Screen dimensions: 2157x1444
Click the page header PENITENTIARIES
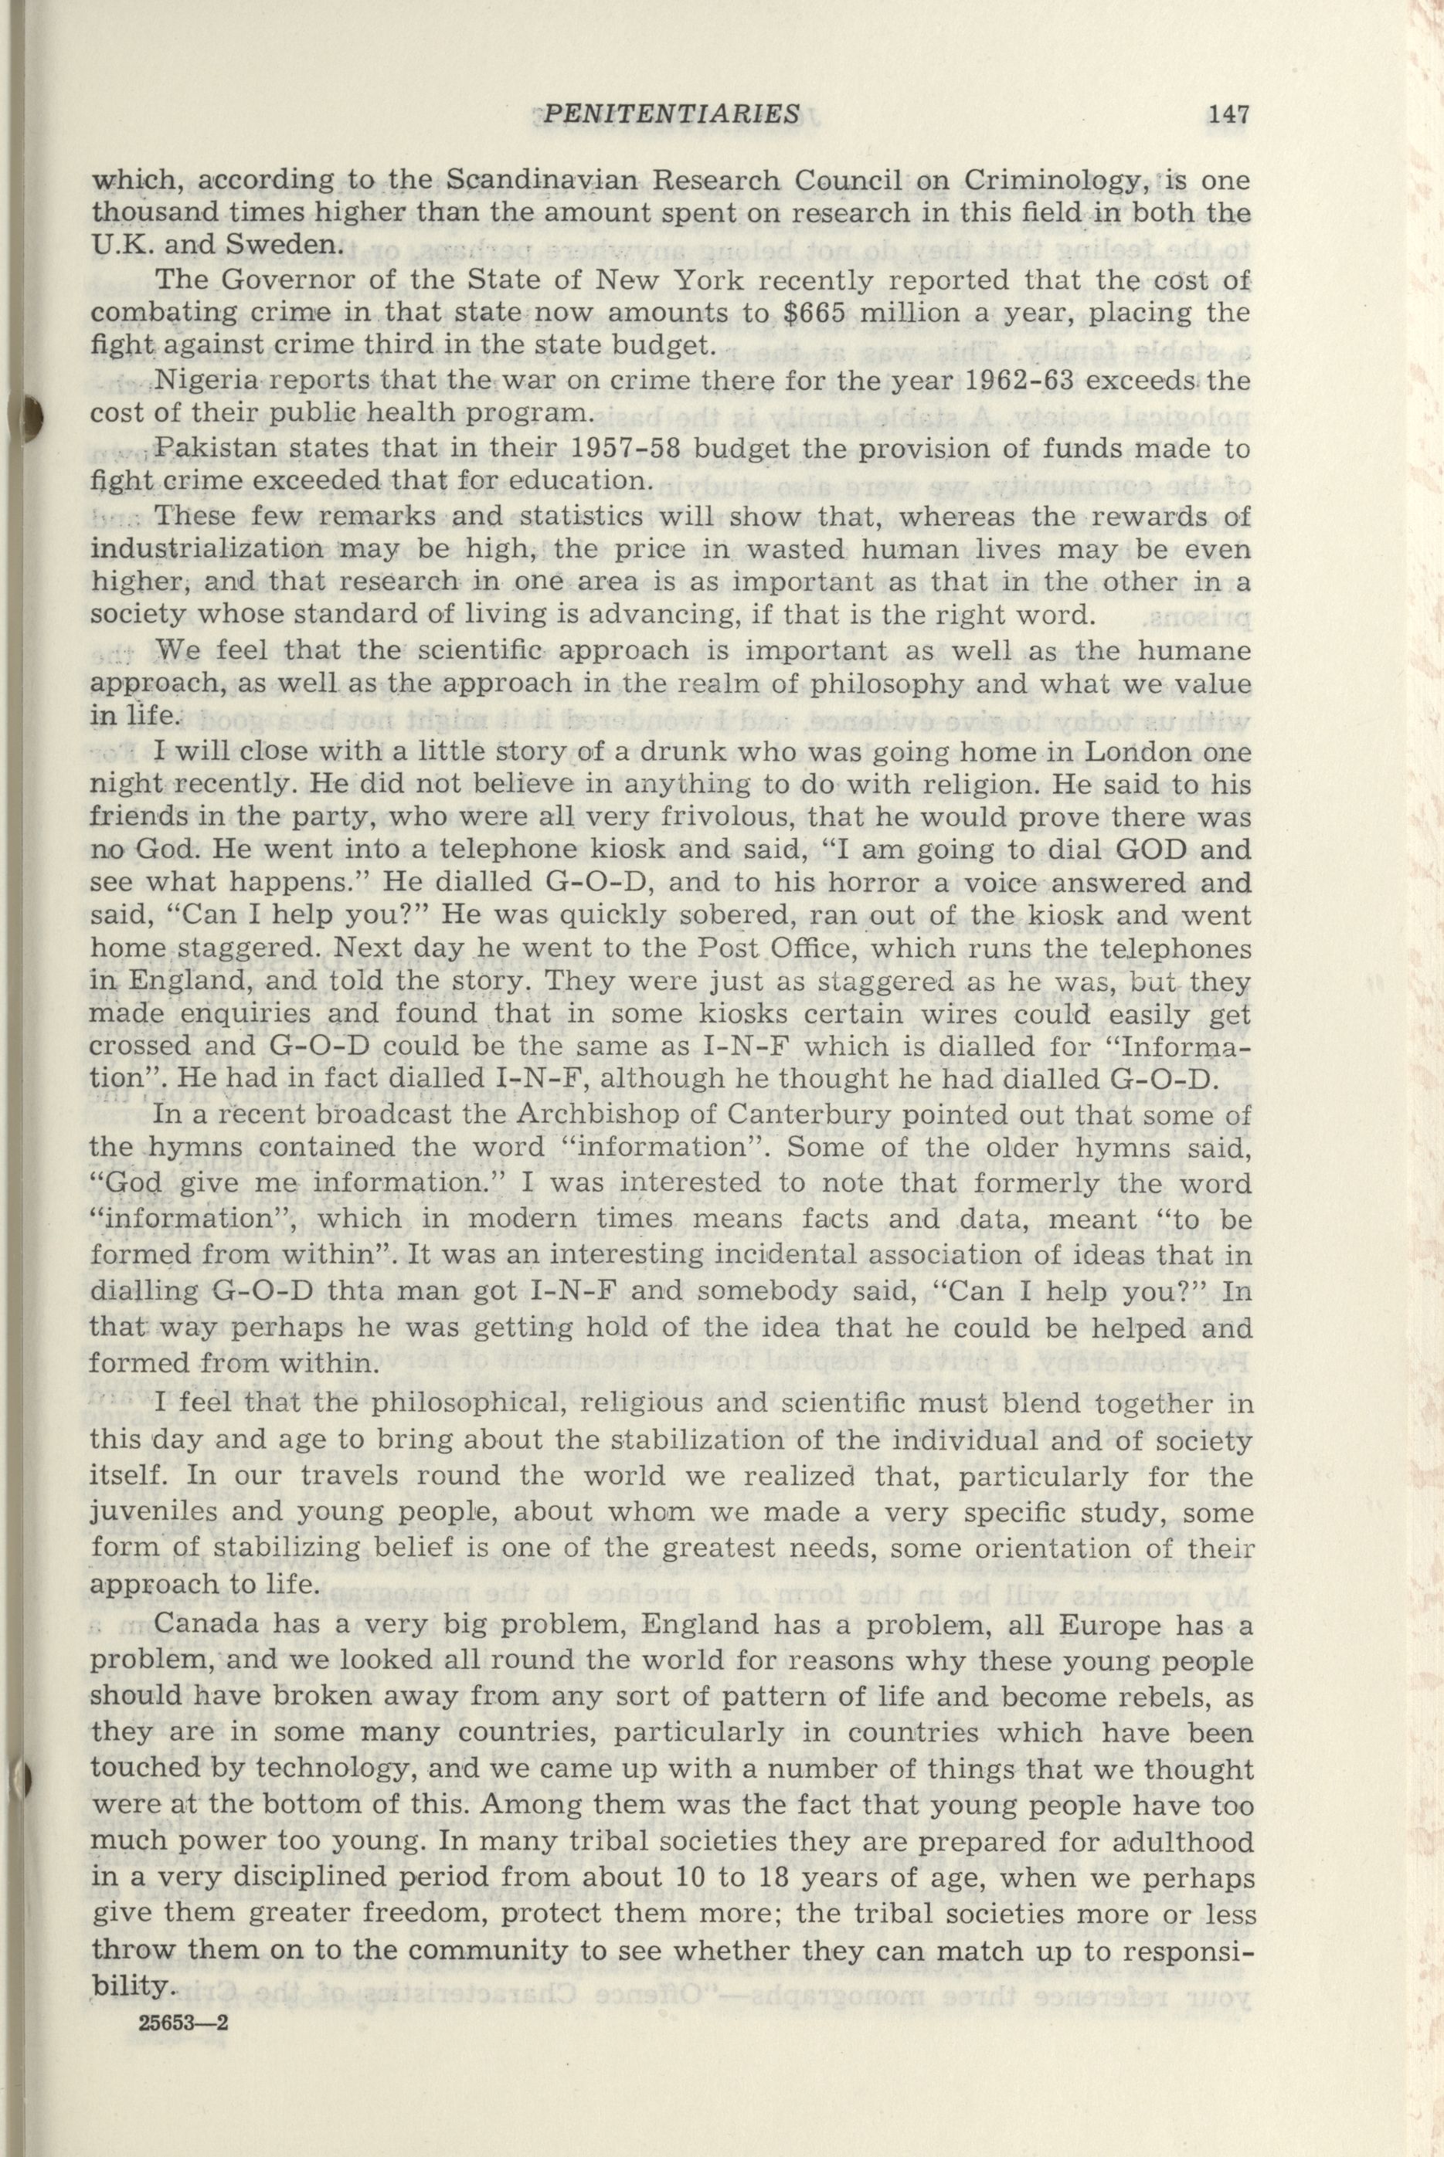tap(671, 114)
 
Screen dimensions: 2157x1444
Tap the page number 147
tap(1228, 114)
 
